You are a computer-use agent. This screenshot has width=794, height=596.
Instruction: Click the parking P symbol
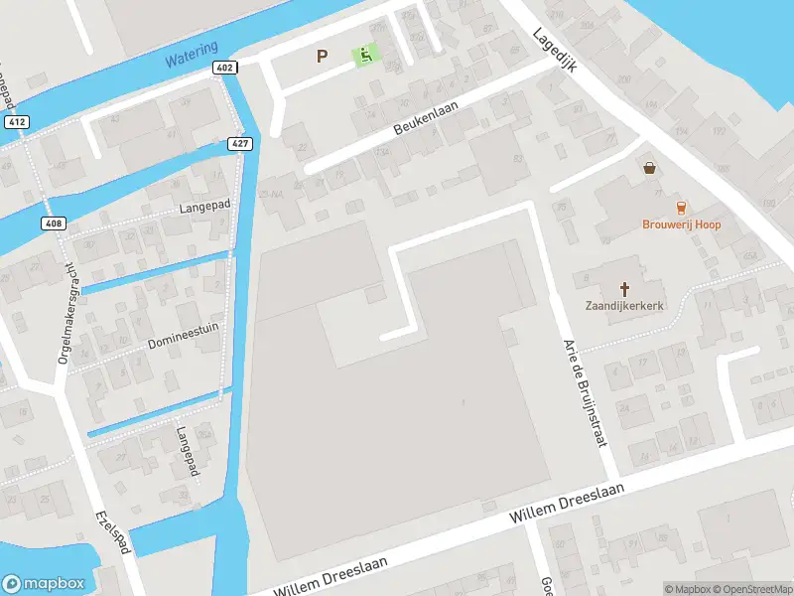pos(321,57)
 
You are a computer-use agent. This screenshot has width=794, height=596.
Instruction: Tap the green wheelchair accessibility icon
pos(365,56)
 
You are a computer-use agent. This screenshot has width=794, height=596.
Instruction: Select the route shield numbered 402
pos(223,68)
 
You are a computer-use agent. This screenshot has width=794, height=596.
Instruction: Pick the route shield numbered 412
pos(15,122)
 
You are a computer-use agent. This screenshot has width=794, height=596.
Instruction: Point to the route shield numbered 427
pos(241,143)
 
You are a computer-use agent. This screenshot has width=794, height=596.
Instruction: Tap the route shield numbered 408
pos(54,223)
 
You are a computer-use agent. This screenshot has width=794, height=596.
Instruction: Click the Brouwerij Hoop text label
pos(680,224)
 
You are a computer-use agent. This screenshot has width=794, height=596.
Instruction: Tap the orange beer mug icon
pos(680,208)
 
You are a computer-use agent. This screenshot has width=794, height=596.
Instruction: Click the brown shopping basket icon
pos(650,169)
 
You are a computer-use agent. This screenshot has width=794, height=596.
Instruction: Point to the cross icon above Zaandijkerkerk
pos(625,289)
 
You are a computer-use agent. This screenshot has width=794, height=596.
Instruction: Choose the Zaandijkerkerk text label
pos(624,307)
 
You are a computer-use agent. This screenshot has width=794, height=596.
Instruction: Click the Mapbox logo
pos(43,584)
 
